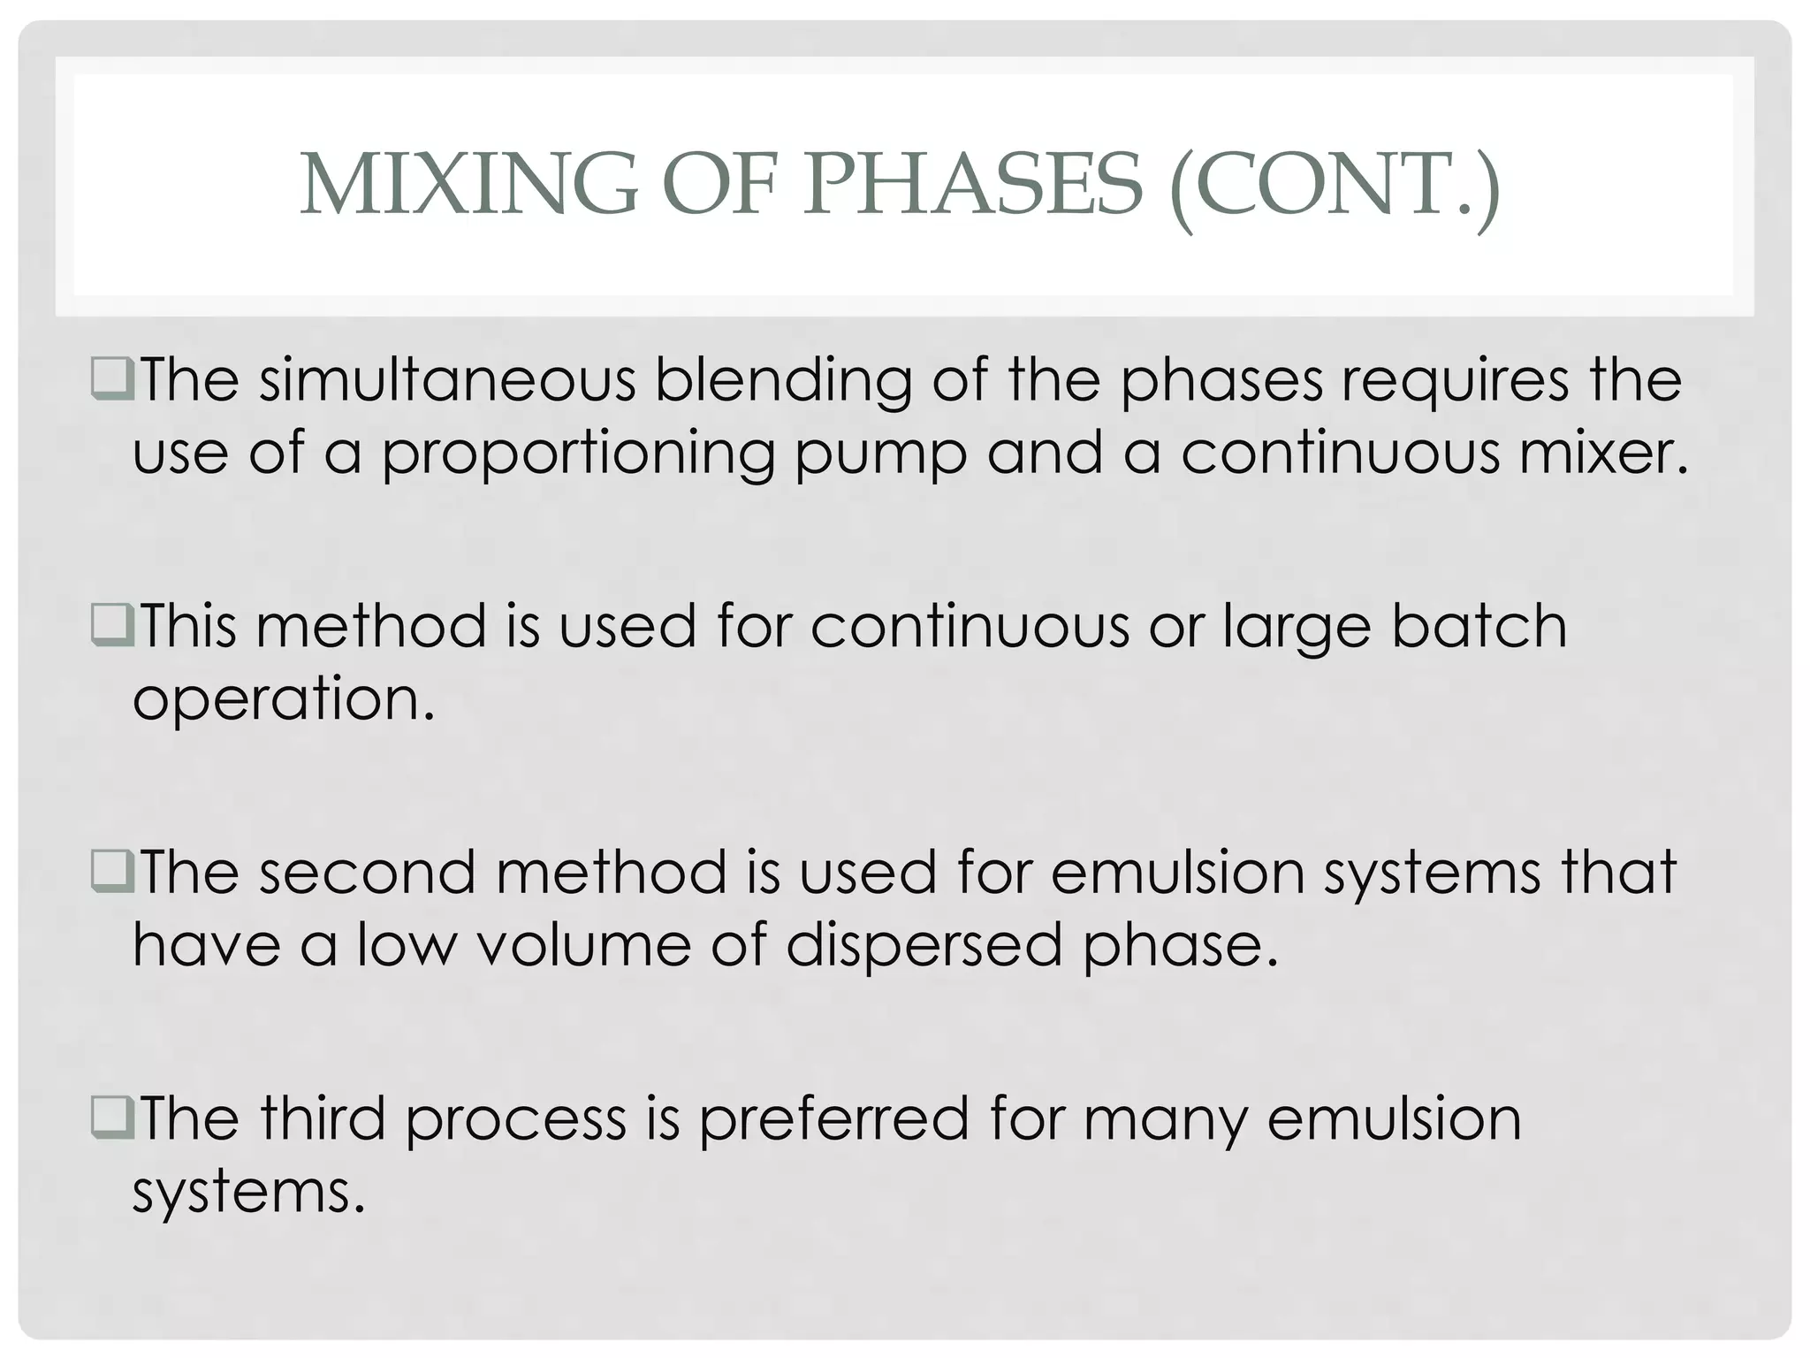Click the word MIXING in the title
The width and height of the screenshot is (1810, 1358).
click(468, 185)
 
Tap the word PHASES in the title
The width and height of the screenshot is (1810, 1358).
click(973, 185)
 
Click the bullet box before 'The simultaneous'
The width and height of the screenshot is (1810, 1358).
click(112, 378)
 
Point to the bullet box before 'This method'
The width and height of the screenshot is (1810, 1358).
click(112, 625)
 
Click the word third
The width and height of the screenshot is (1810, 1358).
click(323, 1118)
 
